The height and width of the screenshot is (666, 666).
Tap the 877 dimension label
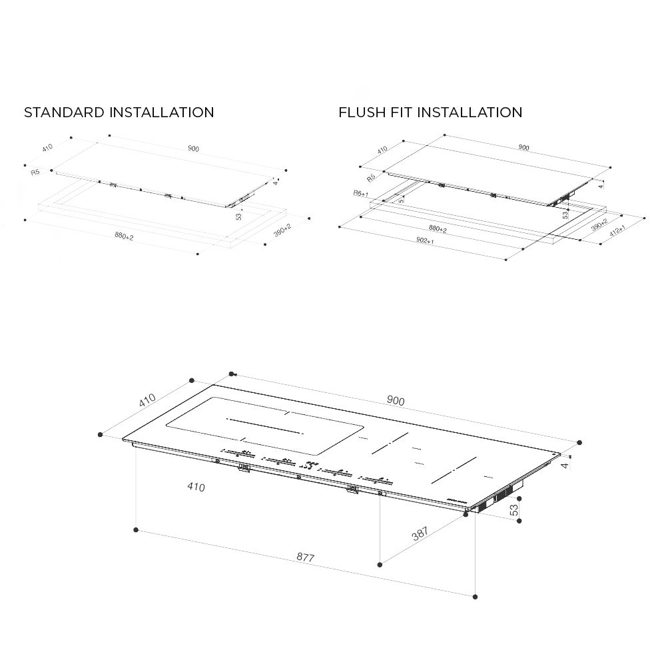tap(304, 557)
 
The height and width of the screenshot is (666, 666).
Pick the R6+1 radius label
tap(361, 192)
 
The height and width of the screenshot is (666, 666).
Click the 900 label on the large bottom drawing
tap(396, 401)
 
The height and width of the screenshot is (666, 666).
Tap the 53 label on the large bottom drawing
tap(513, 510)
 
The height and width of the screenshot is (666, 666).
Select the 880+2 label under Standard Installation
tap(124, 236)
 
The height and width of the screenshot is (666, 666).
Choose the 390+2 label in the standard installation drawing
tap(282, 230)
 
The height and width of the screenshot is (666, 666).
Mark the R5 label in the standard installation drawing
tap(35, 172)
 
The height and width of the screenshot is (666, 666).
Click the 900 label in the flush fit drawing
tap(523, 148)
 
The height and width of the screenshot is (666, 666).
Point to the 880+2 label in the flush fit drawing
tap(437, 229)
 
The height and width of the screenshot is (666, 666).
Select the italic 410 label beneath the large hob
tap(196, 488)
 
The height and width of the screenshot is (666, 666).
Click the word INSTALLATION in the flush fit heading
tap(470, 113)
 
